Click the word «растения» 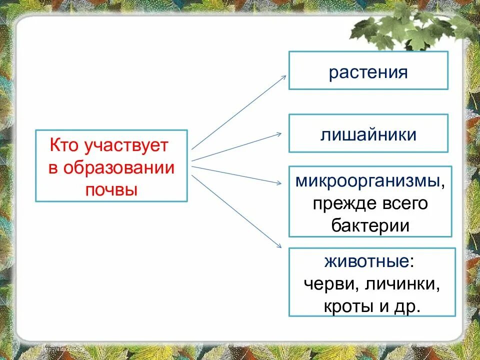click(x=368, y=72)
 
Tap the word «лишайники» click(x=368, y=134)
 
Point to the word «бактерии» click(x=370, y=225)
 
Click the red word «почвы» click(x=111, y=190)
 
